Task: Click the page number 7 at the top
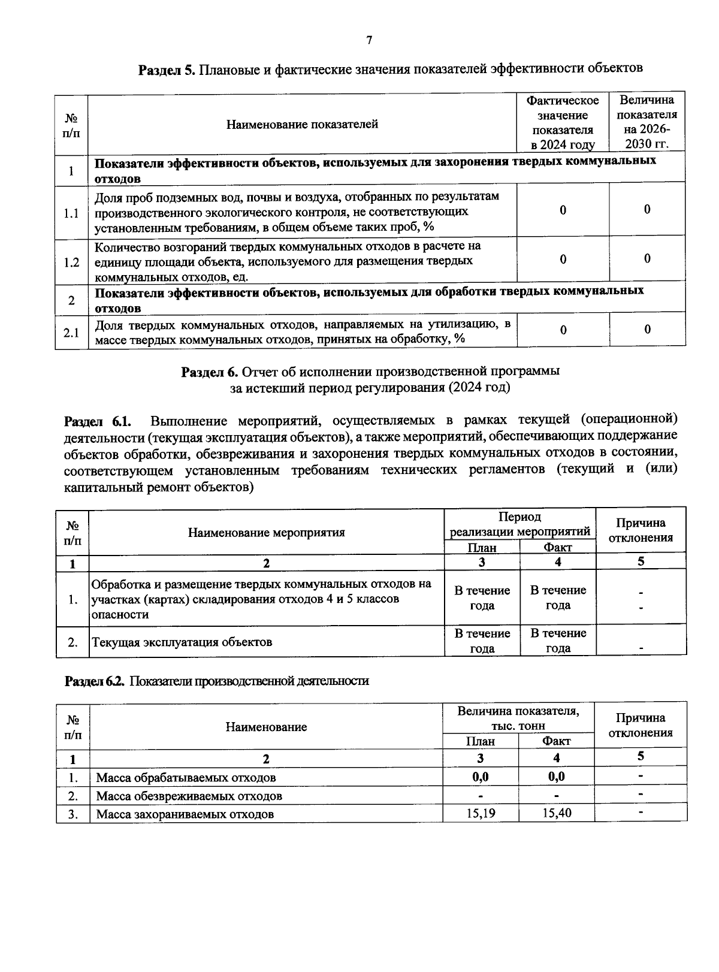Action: click(369, 41)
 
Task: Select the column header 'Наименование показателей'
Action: click(302, 125)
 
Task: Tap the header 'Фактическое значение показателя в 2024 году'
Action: click(563, 123)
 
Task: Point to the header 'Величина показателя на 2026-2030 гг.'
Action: click(647, 122)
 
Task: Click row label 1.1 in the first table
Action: click(71, 213)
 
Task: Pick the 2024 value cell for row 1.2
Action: click(563, 259)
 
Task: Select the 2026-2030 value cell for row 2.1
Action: click(647, 330)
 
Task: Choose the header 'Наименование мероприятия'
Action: click(266, 532)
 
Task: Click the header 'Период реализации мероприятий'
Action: click(519, 524)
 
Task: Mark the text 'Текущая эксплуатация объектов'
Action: click(182, 642)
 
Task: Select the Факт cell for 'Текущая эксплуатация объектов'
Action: click(558, 641)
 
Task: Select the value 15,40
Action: click(556, 813)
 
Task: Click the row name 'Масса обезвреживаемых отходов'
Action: click(189, 796)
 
